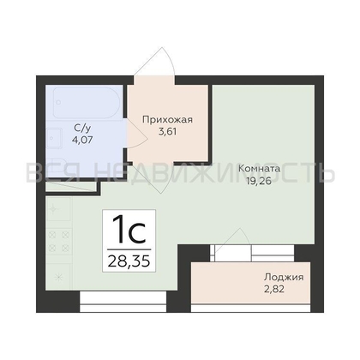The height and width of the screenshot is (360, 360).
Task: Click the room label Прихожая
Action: pyautogui.click(x=167, y=120)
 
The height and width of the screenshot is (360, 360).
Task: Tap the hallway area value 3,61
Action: pyautogui.click(x=167, y=132)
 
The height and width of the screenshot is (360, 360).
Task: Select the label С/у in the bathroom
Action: pyautogui.click(x=82, y=129)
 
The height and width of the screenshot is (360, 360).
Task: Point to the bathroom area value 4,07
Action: pyautogui.click(x=82, y=140)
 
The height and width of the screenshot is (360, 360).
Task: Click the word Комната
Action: pyautogui.click(x=259, y=169)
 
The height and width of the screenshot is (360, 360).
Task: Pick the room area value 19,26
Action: pyautogui.click(x=259, y=181)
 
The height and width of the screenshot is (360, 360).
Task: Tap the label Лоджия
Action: pyautogui.click(x=284, y=277)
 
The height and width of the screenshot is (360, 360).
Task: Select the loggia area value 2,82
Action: pyautogui.click(x=273, y=290)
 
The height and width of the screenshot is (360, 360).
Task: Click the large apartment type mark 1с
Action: pyautogui.click(x=129, y=230)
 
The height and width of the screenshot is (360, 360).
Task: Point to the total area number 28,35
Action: pyautogui.click(x=129, y=261)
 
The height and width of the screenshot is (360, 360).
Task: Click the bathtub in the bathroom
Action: pyautogui.click(x=87, y=103)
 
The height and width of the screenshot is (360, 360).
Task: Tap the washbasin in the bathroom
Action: pyautogui.click(x=54, y=138)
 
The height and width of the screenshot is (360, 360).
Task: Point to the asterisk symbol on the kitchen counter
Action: pyautogui.click(x=59, y=277)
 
